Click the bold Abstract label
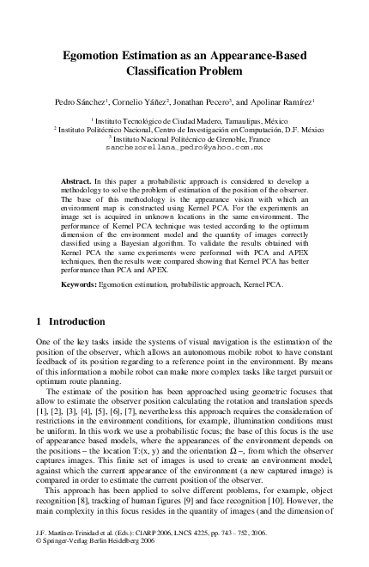click(x=77, y=183)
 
